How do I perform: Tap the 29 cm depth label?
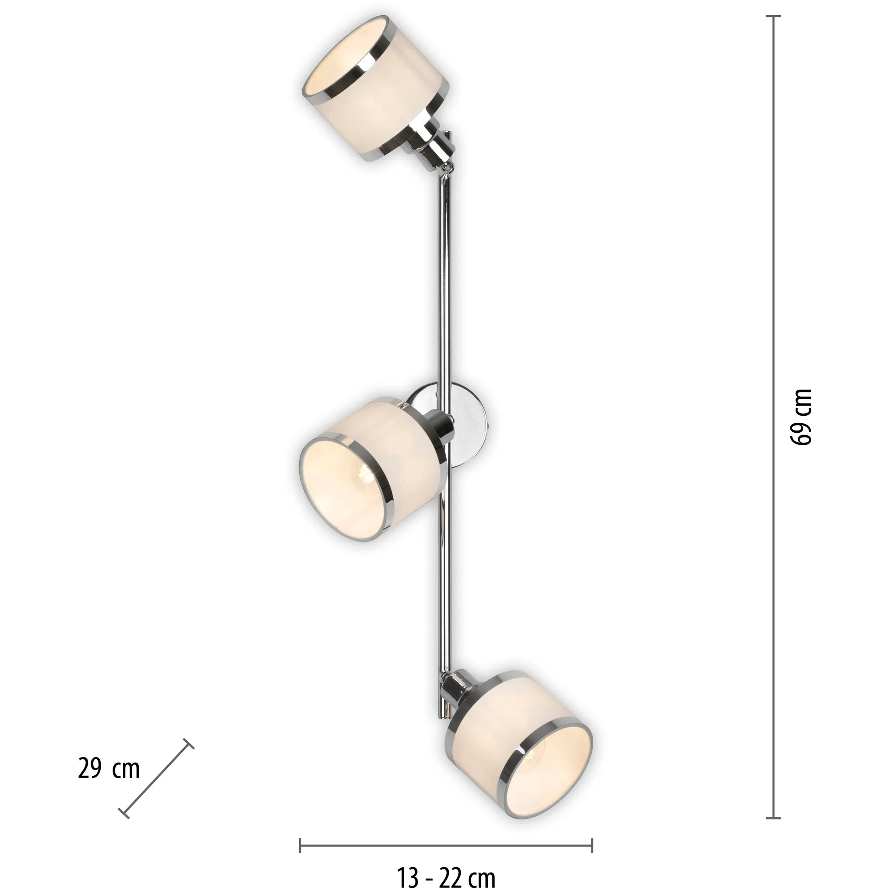(109, 768)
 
